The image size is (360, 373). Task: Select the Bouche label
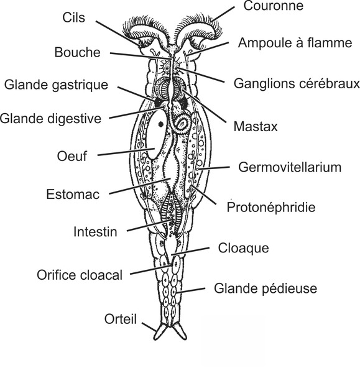click(x=77, y=52)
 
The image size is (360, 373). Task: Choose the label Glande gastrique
click(x=56, y=85)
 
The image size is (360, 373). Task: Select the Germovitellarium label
click(x=290, y=167)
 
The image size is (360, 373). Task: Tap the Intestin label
click(x=95, y=233)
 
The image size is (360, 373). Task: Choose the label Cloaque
click(x=244, y=248)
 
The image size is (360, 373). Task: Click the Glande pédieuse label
click(x=265, y=288)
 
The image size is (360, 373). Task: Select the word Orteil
click(x=120, y=319)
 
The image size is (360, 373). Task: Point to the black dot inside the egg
click(x=161, y=124)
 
